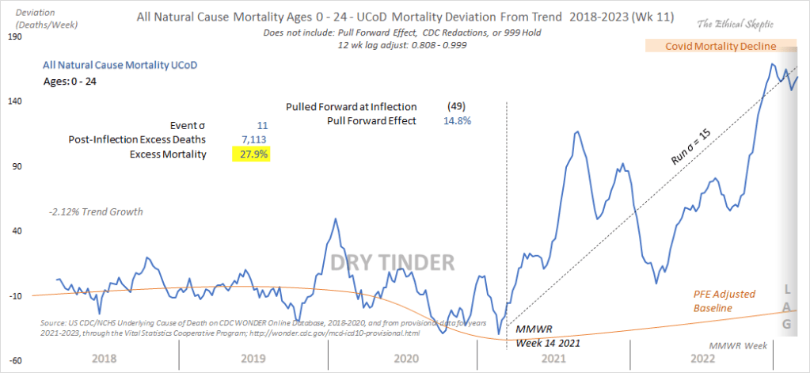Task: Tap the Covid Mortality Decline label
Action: [721, 47]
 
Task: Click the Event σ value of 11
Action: [263, 126]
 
